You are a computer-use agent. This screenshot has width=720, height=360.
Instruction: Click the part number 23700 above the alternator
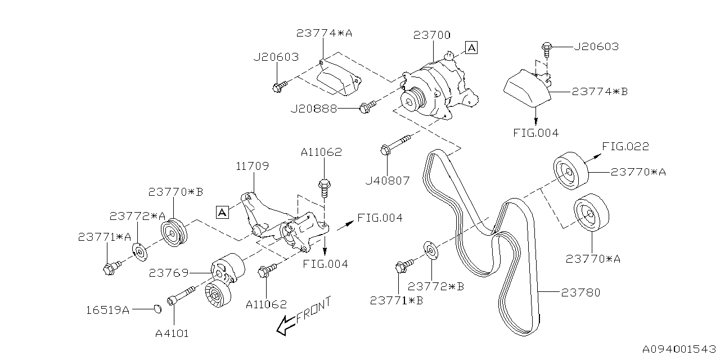pyautogui.click(x=431, y=35)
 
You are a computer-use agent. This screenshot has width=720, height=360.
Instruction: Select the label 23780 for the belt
pyautogui.click(x=581, y=292)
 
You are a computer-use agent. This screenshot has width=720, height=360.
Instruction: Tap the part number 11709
pyautogui.click(x=252, y=166)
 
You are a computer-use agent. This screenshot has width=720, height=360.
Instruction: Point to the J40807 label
pyautogui.click(x=387, y=181)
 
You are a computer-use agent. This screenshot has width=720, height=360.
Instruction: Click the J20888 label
pyautogui.click(x=314, y=109)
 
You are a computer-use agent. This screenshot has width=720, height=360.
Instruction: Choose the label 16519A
pyautogui.click(x=107, y=309)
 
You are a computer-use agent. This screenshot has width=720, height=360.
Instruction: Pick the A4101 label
pyautogui.click(x=172, y=333)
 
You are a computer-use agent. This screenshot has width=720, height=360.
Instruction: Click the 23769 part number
pyautogui.click(x=168, y=273)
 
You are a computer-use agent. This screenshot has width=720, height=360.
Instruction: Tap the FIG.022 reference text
pyautogui.click(x=625, y=147)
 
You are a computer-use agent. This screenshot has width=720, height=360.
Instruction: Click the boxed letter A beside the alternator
pyautogui.click(x=471, y=48)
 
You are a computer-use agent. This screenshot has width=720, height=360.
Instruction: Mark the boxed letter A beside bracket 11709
pyautogui.click(x=222, y=212)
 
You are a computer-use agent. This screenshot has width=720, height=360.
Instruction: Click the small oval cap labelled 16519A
pyautogui.click(x=158, y=308)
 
